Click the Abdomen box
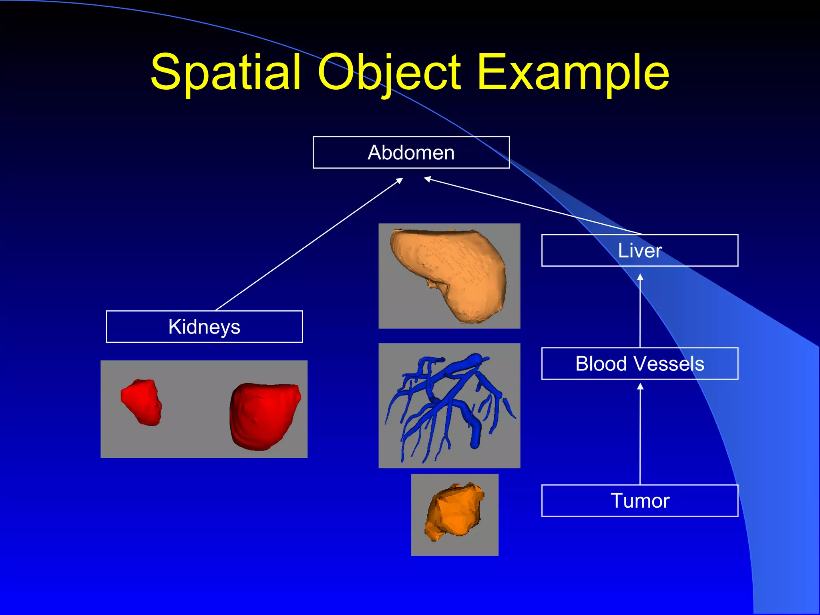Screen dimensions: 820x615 (411, 153)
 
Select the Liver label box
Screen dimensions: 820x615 (639, 251)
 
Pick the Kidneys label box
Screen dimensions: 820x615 (204, 327)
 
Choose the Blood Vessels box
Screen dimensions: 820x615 (639, 364)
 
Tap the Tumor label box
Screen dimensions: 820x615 (639, 500)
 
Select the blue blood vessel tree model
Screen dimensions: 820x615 (448, 404)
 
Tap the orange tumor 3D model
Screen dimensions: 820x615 (454, 512)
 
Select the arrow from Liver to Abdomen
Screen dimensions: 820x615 (533, 206)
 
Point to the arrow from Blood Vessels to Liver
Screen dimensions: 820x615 (640, 312)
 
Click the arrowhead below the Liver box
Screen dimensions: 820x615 (640, 277)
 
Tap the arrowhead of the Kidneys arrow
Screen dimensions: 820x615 (399, 181)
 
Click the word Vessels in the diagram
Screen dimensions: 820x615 (673, 364)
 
